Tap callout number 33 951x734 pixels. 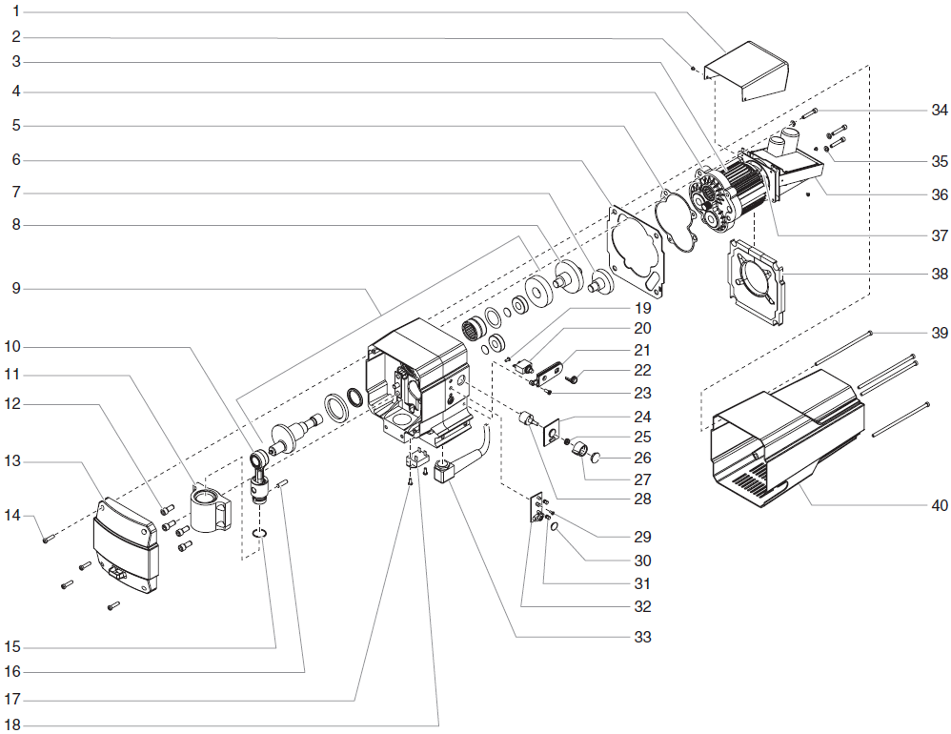point(643,637)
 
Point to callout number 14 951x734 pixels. point(12,516)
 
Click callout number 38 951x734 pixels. point(940,274)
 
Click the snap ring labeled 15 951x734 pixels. point(261,534)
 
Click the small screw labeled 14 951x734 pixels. point(48,540)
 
